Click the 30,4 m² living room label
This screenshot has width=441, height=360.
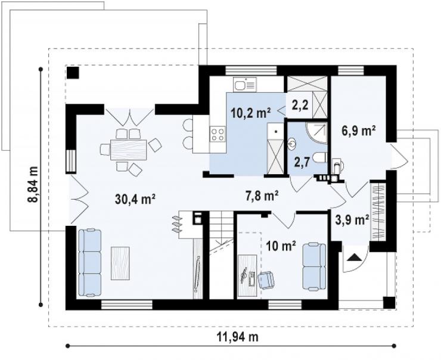[135, 200]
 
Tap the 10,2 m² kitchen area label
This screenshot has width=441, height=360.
[251, 113]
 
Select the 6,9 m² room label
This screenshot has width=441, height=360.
[359, 131]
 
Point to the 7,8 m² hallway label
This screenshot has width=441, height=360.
[262, 195]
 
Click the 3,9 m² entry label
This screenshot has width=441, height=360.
[352, 220]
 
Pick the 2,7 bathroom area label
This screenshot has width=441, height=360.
[302, 162]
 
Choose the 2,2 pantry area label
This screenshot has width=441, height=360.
[300, 105]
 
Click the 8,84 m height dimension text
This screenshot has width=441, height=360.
[32, 184]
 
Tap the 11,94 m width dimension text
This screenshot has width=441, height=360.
[238, 336]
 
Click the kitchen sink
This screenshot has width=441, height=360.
[245, 85]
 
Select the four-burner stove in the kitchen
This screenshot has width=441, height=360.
[218, 134]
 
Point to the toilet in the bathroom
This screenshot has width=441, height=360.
[320, 157]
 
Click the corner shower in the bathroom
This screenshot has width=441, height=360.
[317, 133]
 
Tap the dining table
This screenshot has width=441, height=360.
[129, 150]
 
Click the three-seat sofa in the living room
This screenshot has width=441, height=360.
[90, 263]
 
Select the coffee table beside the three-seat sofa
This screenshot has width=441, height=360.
[120, 263]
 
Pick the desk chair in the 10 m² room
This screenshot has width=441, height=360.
[266, 280]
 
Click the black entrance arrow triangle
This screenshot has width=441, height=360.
[355, 257]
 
